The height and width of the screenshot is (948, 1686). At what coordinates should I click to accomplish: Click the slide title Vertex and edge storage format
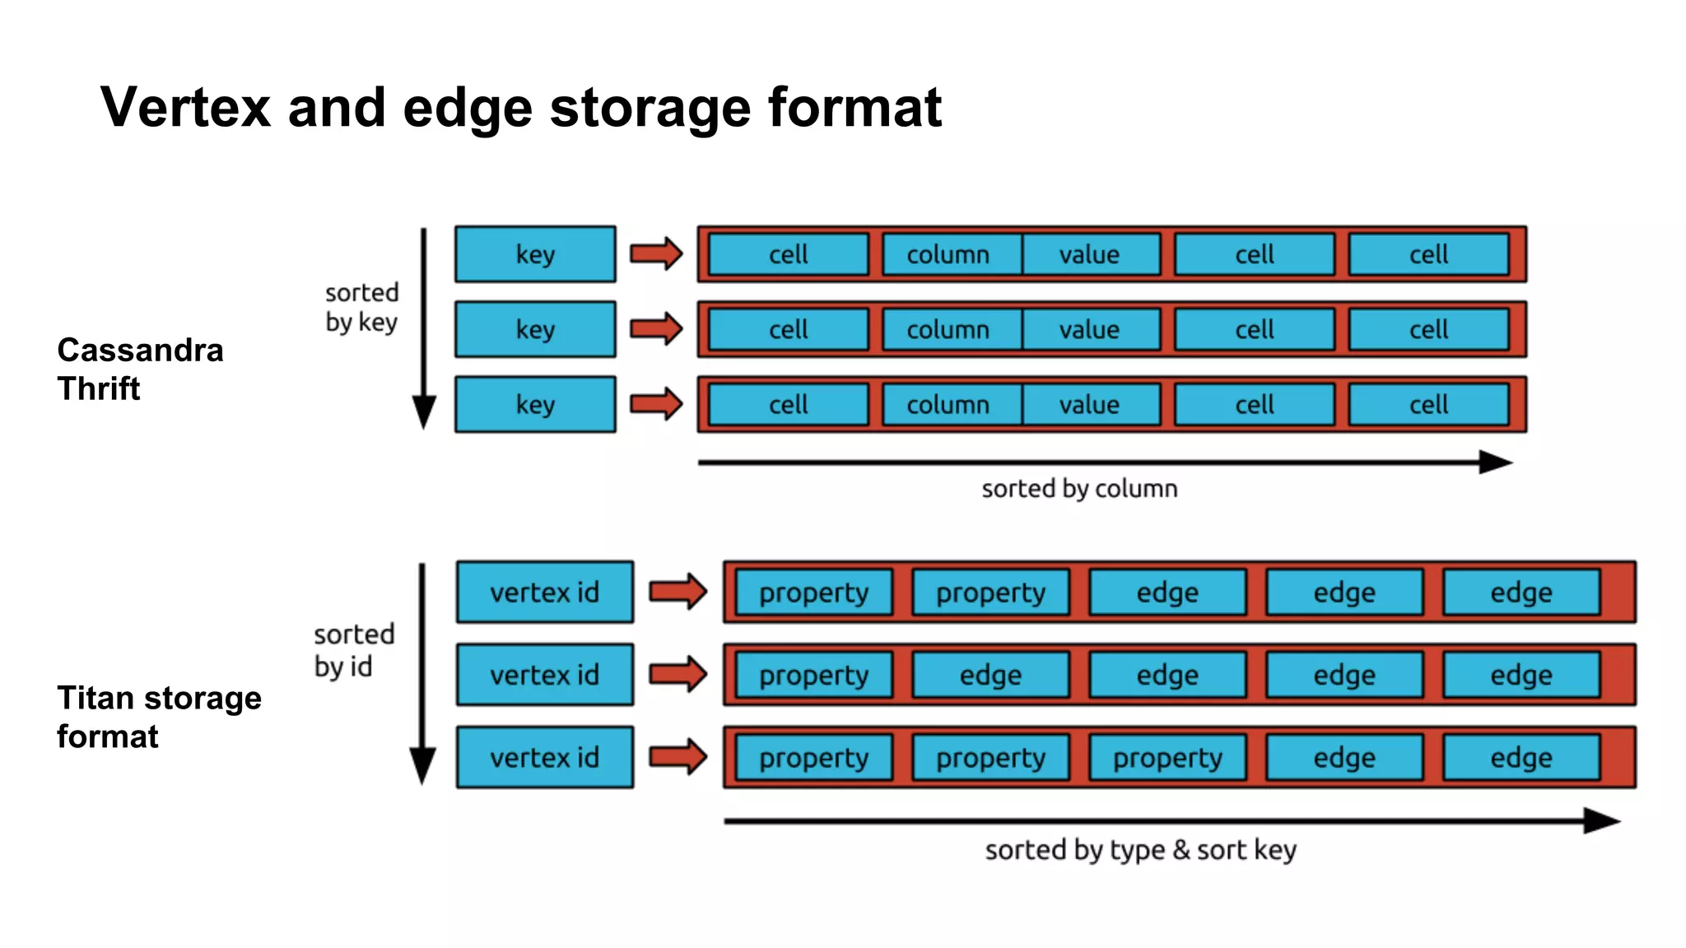point(520,108)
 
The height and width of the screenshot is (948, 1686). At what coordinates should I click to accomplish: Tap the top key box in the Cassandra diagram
point(535,254)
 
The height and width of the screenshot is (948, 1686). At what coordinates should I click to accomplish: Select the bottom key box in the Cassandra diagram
point(535,404)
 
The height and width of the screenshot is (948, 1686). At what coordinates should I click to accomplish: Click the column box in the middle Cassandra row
point(949,329)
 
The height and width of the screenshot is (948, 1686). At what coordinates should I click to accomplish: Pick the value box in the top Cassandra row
point(1089,254)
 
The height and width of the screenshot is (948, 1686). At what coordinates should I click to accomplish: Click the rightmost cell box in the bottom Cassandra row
point(1428,404)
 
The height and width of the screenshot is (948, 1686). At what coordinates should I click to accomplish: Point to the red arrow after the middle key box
point(656,329)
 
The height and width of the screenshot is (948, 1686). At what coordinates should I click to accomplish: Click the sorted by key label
point(361,307)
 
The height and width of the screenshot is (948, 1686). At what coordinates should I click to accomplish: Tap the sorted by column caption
point(1079,489)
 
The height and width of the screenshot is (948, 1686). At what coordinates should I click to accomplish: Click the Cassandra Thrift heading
point(140,369)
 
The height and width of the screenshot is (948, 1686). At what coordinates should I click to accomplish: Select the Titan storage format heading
point(159,717)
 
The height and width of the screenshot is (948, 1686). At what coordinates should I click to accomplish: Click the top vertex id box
point(545,592)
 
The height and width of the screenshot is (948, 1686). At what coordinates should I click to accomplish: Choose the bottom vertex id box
point(545,757)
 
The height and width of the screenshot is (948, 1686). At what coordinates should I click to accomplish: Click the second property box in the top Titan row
point(990,592)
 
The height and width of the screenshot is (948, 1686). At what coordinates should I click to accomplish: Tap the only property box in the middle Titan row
point(813,675)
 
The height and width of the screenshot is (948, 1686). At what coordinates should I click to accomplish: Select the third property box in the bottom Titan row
point(1167,757)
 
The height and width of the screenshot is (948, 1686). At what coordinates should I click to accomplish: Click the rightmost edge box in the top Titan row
point(1521,592)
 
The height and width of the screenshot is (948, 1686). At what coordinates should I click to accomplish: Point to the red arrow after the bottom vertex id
point(678,757)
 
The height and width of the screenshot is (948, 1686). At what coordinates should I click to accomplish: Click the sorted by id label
point(354,650)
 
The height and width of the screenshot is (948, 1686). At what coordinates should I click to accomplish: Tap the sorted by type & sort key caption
point(1140,849)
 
